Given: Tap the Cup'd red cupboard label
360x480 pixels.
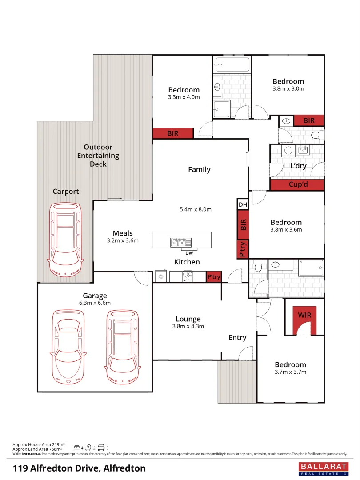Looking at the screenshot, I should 298,184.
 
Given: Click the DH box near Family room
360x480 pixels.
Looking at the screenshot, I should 243,204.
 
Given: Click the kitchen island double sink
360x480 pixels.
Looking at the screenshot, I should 180,242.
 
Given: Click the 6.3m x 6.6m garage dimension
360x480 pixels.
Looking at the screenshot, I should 94,303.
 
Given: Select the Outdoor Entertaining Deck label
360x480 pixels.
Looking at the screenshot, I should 98,156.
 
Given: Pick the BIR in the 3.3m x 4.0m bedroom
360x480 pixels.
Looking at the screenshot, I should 173,133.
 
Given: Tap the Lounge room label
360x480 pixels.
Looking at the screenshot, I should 188,319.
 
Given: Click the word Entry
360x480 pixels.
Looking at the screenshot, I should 237,338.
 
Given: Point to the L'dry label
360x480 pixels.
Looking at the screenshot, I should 298,166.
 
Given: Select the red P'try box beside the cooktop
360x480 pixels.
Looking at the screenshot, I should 214,277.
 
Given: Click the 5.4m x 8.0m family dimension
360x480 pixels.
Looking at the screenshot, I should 196,209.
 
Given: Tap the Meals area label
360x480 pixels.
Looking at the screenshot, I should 123,233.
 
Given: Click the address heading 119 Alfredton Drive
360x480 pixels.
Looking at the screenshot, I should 79,468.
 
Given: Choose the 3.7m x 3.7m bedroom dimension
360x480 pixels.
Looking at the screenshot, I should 290,372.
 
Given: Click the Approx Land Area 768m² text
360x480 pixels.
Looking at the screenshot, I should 37,449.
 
